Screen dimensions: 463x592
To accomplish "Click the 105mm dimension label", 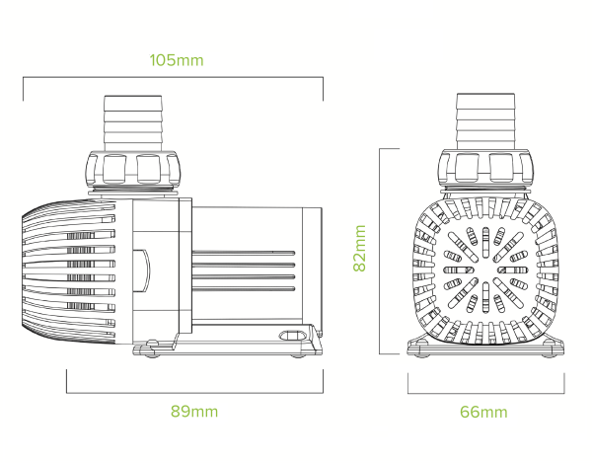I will tap(177, 60).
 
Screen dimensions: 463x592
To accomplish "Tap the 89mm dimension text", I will tap(193, 411).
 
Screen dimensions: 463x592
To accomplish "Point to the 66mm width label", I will tap(483, 411).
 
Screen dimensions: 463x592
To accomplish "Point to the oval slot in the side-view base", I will tap(292, 336).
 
